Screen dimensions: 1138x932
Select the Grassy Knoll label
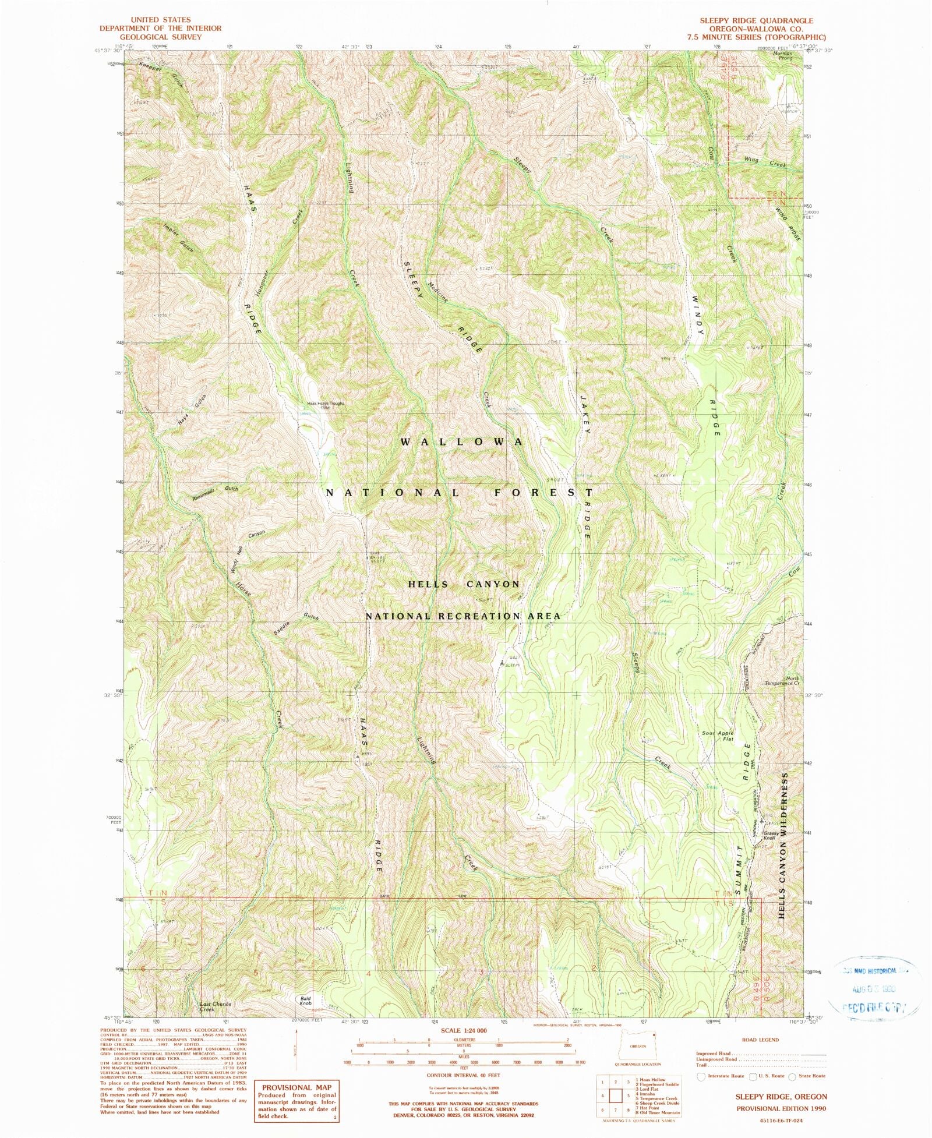pyautogui.click(x=771, y=835)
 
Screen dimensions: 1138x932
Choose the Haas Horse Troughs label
pyautogui.click(x=326, y=405)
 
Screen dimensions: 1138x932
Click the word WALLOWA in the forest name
pyautogui.click(x=462, y=442)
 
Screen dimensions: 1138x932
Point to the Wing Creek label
pyautogui.click(x=765, y=162)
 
